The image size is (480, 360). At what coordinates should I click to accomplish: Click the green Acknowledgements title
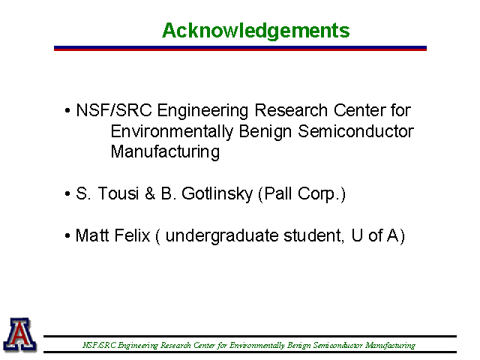[x=256, y=31]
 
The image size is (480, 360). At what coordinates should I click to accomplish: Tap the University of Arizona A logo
[x=20, y=334]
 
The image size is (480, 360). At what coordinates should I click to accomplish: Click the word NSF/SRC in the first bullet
[x=114, y=110]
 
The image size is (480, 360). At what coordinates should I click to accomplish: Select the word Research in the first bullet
[x=291, y=110]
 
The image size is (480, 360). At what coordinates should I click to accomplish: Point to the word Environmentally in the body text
[x=172, y=132]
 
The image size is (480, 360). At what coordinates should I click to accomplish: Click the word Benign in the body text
[x=265, y=132]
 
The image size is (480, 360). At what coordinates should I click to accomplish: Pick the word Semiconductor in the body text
[x=355, y=131]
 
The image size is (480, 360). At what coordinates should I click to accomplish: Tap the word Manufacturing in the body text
[x=165, y=152]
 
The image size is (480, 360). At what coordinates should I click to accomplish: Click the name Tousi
[x=118, y=193]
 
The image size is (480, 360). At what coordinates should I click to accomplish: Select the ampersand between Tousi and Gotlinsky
[x=150, y=193]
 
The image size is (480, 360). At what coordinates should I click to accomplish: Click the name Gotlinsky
[x=217, y=194]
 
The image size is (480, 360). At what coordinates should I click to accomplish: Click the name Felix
[x=133, y=235]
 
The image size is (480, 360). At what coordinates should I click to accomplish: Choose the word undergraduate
[x=221, y=236]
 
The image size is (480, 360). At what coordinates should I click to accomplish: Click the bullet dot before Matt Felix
[x=67, y=236]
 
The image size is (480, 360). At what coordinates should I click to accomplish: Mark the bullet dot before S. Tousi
[x=67, y=194]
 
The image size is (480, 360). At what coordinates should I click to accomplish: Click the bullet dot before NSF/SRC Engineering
[x=67, y=110]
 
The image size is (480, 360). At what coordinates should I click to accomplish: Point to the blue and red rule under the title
[x=240, y=48]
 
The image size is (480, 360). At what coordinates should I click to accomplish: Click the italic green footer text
[x=249, y=345]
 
